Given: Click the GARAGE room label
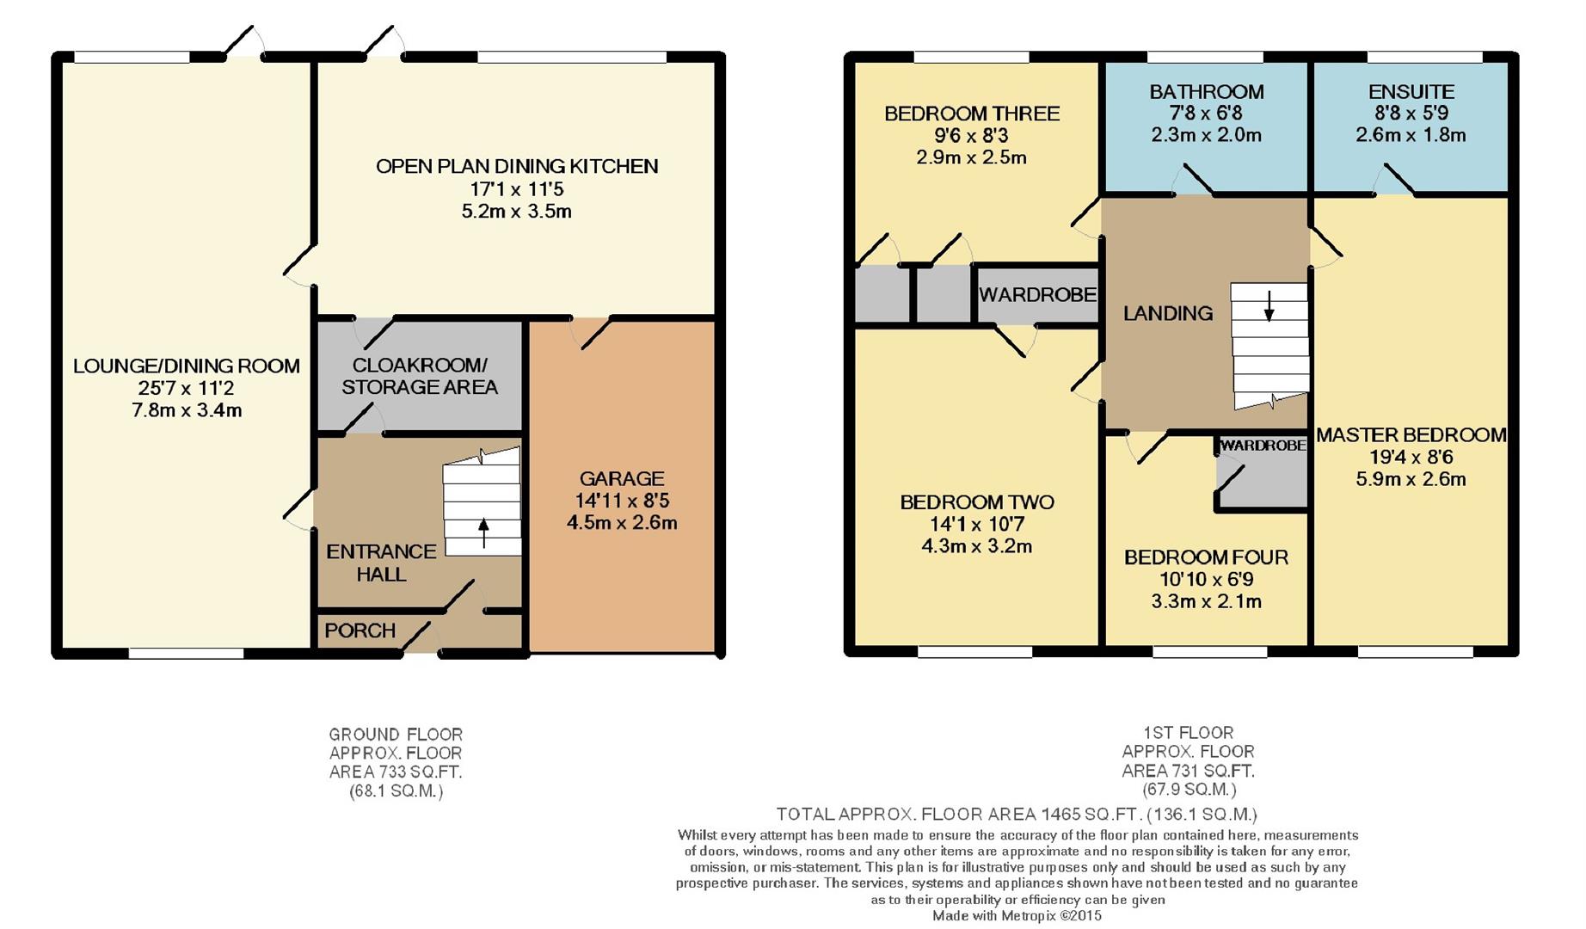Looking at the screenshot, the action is point(622,478).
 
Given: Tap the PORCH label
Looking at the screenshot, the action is point(360,631).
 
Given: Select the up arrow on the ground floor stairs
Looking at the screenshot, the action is point(483,532).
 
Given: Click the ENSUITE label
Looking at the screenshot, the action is point(1411,91).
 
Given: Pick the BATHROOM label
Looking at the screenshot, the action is point(1207,91).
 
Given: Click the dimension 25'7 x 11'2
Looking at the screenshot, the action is point(187,388).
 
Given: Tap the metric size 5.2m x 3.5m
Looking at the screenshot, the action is point(517,211).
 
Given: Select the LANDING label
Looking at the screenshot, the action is point(1168,313).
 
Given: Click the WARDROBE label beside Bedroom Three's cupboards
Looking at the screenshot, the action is point(1037,294).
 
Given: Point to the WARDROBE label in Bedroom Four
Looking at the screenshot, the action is point(1263,446).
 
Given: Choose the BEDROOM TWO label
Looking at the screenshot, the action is point(977,501).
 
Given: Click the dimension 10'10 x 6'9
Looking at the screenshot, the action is point(1206,579).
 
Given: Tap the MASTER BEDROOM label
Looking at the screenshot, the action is point(1411,434).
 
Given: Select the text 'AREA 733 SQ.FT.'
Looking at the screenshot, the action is point(396,772).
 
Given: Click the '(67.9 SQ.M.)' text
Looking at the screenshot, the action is point(1189,789).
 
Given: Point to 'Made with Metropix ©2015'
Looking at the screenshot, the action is point(1017,916).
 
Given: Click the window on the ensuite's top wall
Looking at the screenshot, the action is point(1424,57).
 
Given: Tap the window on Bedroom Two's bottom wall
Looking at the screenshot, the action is point(975,652).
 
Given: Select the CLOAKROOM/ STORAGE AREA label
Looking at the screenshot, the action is point(420,376).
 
